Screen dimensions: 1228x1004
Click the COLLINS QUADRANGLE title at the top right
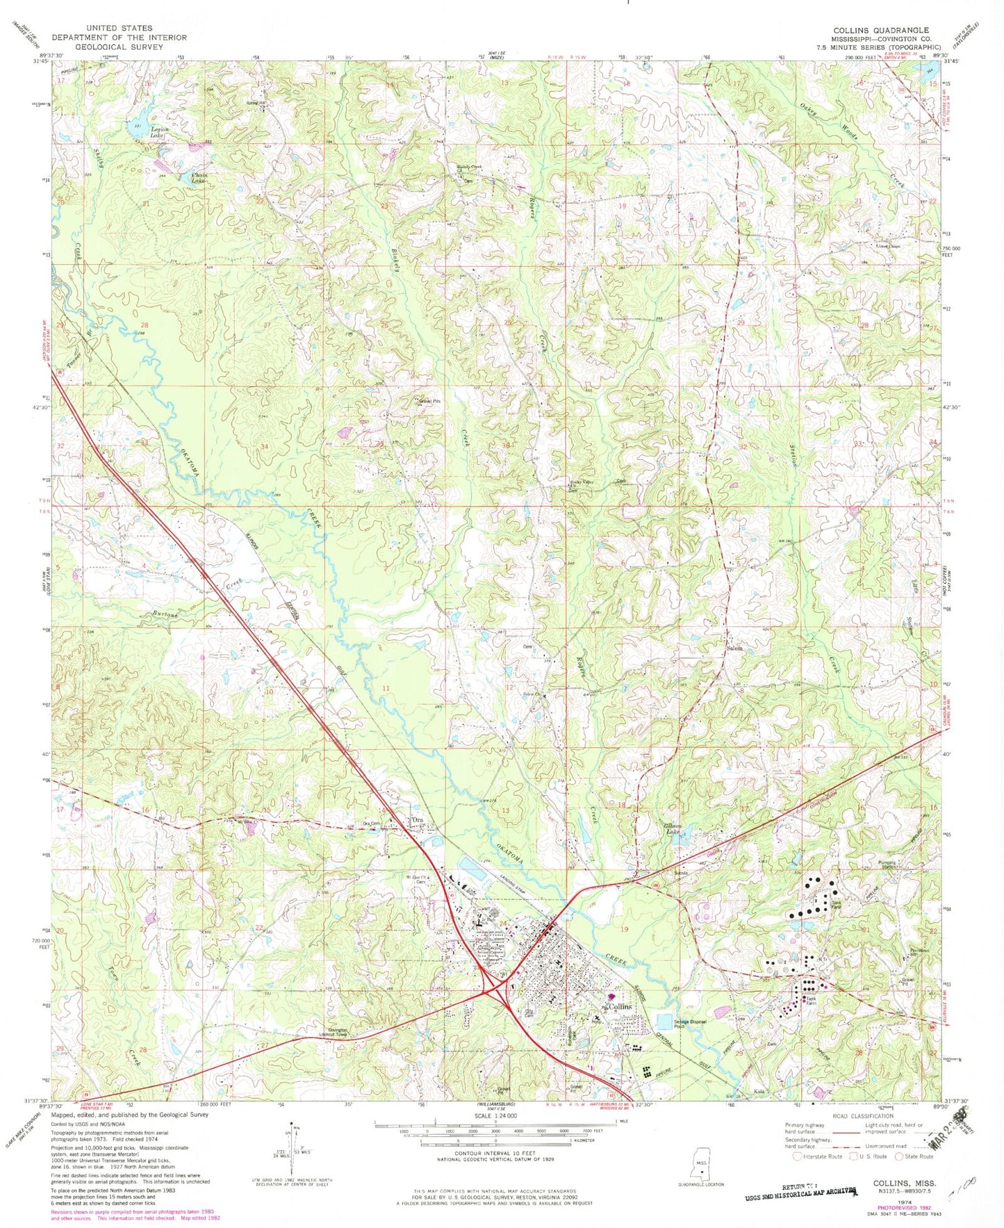point(881,30)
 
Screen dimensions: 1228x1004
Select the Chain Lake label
point(200,178)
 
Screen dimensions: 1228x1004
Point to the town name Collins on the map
point(619,1006)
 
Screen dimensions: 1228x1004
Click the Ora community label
point(418,820)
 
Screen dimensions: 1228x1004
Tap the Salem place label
point(734,648)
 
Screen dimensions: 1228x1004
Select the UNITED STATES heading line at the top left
point(119,28)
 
